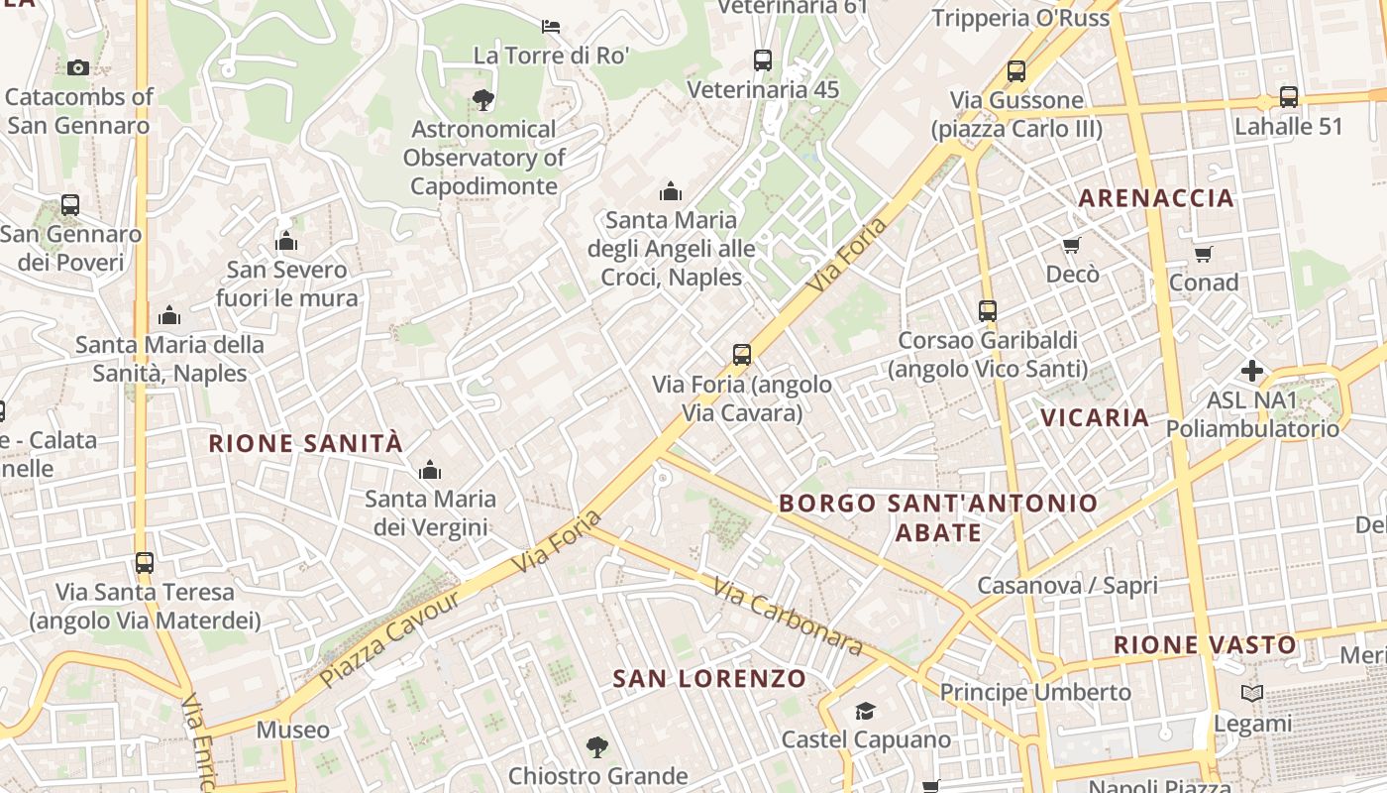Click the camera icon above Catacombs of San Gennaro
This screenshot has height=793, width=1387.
[x=78, y=67]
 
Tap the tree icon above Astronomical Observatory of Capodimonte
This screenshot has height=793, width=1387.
[x=483, y=99]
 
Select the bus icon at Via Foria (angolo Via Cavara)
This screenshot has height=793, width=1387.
[x=741, y=354]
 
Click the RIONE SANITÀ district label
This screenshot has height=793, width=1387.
[x=306, y=443]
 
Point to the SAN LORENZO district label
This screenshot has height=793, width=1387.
[x=709, y=679]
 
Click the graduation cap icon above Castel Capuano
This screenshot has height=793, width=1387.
[x=866, y=711]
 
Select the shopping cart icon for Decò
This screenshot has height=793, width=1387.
[x=1071, y=245]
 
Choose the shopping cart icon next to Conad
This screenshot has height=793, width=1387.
[x=1203, y=254]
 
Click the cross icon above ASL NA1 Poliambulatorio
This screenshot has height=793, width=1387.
[x=1252, y=371]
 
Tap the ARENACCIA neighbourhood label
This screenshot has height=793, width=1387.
[x=1156, y=198]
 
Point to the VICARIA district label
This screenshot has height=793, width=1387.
[x=1095, y=417]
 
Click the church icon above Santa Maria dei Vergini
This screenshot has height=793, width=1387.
[x=430, y=470]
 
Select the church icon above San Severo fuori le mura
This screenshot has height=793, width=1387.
[x=286, y=241]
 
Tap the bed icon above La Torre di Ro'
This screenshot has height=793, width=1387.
[x=551, y=26]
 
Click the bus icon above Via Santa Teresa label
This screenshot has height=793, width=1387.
[x=145, y=563]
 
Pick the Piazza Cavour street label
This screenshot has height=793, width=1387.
[x=390, y=639]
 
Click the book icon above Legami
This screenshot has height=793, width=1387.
[x=1252, y=694]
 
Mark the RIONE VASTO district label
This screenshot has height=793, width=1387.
[x=1205, y=645]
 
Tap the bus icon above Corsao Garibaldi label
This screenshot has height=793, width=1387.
[x=988, y=310]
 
